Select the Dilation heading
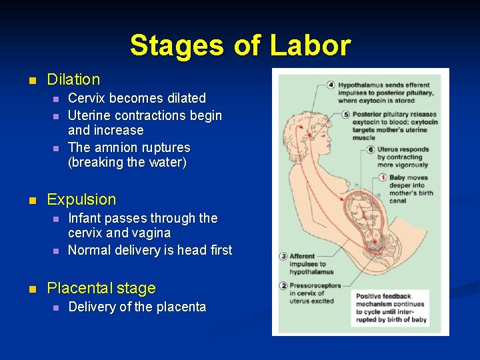point(73,80)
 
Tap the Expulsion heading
point(81,199)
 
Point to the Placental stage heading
point(101,289)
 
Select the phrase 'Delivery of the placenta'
point(137,307)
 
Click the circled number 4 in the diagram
point(331,85)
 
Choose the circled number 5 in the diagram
point(346,115)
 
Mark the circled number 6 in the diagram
point(371,149)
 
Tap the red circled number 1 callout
point(383,178)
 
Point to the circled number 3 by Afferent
point(283,256)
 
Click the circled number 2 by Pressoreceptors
point(283,285)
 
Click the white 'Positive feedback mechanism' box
point(391,308)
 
